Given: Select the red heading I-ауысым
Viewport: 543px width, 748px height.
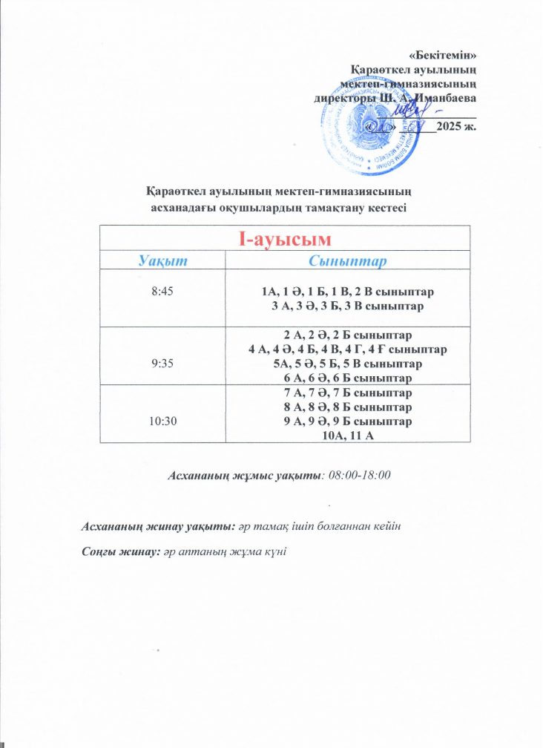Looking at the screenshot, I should coord(285,239).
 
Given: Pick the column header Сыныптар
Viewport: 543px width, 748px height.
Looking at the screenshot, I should coord(348,261).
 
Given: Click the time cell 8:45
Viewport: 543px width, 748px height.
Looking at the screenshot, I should coord(161,292).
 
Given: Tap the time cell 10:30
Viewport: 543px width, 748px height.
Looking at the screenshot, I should coord(161,420).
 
